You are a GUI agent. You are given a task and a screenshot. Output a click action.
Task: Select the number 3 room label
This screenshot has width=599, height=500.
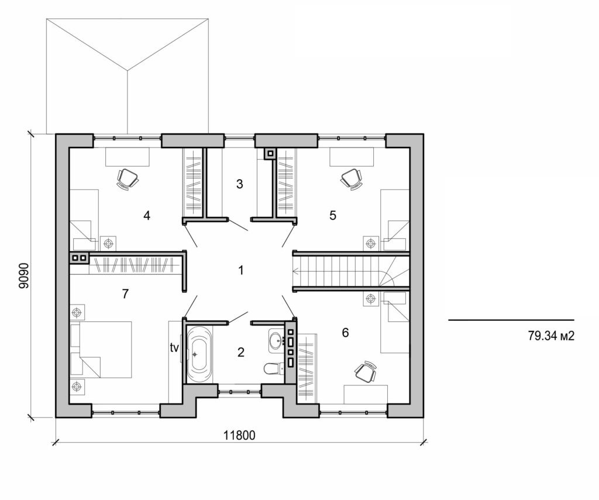(x=239, y=184)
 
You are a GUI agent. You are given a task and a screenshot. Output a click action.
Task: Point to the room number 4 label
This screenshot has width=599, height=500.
(x=147, y=215)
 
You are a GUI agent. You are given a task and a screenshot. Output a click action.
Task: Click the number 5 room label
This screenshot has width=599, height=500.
(x=333, y=215)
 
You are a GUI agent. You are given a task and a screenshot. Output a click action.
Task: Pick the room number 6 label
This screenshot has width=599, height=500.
(x=345, y=333)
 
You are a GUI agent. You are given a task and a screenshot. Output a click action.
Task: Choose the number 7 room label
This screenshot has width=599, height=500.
(x=125, y=294)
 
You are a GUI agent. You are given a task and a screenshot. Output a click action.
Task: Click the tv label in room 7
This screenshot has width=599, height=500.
(x=174, y=348)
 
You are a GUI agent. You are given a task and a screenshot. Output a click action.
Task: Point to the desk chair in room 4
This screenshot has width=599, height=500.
(x=128, y=178)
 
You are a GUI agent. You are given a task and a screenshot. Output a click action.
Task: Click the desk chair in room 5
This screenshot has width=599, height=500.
(x=351, y=178)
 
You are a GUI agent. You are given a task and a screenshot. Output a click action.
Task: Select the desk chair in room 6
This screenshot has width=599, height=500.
(x=365, y=372)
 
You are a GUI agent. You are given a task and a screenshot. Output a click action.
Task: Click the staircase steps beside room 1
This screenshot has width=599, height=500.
(x=339, y=270)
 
